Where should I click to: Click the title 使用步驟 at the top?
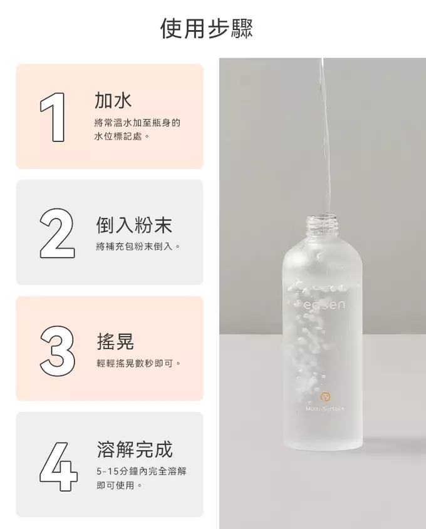207,28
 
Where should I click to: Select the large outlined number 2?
57,234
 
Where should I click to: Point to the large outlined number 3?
58,351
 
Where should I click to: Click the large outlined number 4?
58,466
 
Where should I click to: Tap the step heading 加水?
113,100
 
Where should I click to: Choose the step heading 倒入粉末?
134,225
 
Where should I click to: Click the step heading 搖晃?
115,341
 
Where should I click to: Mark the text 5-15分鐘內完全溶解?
142,471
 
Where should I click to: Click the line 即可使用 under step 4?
119,485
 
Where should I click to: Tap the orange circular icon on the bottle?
325,397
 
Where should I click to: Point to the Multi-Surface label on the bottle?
325,409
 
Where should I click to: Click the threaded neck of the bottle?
323,225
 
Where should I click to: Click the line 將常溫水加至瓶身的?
137,123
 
